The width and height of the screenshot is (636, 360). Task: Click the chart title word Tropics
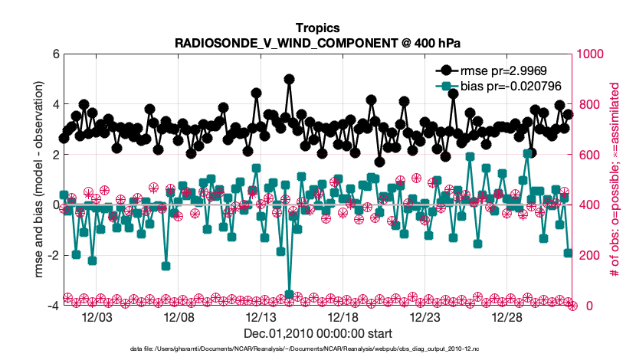point(317,28)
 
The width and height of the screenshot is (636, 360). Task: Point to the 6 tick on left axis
point(49,54)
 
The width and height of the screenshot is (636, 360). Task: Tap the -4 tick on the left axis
point(48,306)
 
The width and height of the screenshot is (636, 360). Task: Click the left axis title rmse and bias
point(28,180)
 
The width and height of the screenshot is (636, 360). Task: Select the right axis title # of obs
point(615,180)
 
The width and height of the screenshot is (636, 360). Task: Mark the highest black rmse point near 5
point(289,79)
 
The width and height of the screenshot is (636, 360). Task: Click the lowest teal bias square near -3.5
point(289,294)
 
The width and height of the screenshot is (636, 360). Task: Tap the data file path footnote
point(304,349)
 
